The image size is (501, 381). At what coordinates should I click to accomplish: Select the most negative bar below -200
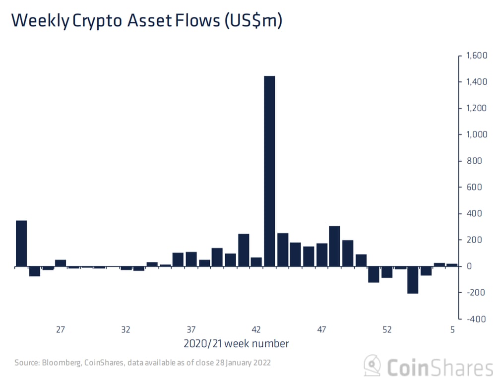pyautogui.click(x=413, y=280)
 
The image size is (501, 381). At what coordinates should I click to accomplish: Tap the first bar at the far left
pyautogui.click(x=21, y=244)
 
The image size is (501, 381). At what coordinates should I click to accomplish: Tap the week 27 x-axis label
pyautogui.click(x=61, y=329)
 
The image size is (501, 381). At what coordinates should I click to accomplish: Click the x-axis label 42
pyautogui.click(x=256, y=329)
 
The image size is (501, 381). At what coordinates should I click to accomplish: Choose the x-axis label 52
pyautogui.click(x=387, y=329)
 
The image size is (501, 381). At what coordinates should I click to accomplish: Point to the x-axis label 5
pyautogui.click(x=452, y=329)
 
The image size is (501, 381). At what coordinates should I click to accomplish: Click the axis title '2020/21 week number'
pyautogui.click(x=236, y=343)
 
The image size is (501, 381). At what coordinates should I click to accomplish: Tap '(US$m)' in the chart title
pyautogui.click(x=253, y=21)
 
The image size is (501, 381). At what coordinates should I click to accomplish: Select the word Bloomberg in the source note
pyautogui.click(x=62, y=362)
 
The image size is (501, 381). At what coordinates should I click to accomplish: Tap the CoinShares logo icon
pyautogui.click(x=373, y=366)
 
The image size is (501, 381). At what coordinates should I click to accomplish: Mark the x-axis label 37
pyautogui.click(x=191, y=329)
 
